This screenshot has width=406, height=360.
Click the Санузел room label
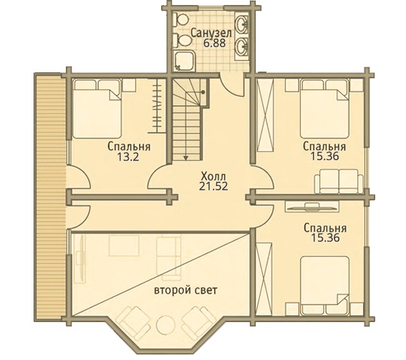pyautogui.click(x=211, y=34)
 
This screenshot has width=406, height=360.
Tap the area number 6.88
pyautogui.click(x=214, y=43)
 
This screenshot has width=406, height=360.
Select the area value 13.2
pyautogui.click(x=128, y=157)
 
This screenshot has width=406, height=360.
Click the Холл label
pyautogui.click(x=213, y=177)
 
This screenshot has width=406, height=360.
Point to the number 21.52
pyautogui.click(x=213, y=186)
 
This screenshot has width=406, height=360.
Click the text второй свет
pyautogui.click(x=185, y=290)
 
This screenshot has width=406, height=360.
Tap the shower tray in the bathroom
pyautogui.click(x=184, y=61)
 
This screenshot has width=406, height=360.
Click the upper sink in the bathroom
pyautogui.click(x=242, y=25)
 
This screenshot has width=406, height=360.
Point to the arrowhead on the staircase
pyautogui.click(x=185, y=157)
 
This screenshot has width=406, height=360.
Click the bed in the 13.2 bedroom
pyautogui.click(x=97, y=109)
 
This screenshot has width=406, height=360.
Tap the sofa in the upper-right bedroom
pyautogui.click(x=339, y=181)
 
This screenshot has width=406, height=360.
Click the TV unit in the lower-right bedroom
pyautogui.click(x=311, y=207)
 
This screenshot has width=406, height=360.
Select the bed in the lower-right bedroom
pyautogui.click(x=324, y=286)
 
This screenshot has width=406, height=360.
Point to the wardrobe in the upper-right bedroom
pyautogui.click(x=265, y=115)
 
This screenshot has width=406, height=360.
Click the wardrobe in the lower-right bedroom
pyautogui.click(x=264, y=279)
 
